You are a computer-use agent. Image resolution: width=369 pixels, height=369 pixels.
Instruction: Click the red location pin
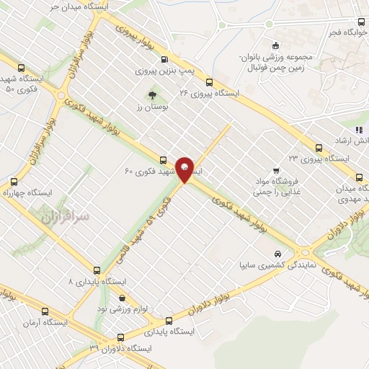coord(186,169)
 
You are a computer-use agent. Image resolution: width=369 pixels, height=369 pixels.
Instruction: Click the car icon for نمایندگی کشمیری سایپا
coord(277,254)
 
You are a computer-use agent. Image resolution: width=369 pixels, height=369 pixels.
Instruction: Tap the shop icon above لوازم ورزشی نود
coord(122,297)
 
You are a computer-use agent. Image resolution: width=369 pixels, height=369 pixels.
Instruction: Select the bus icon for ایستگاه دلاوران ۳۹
coord(120,336)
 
